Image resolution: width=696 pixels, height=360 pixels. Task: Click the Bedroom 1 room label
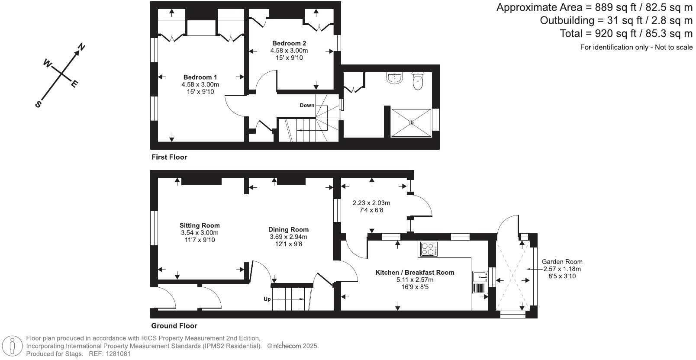200,77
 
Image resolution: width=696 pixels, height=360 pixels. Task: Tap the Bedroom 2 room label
289,43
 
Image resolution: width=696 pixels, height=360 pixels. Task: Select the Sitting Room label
200,225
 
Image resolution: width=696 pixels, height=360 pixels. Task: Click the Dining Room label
288,230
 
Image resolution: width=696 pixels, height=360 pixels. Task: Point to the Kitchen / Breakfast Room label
415,273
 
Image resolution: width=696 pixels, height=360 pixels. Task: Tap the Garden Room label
562,262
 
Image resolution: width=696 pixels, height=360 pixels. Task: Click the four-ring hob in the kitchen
429,249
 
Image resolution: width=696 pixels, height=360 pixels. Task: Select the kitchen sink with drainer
480,283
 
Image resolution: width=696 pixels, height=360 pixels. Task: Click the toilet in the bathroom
418,81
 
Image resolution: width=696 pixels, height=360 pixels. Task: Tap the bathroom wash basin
394,77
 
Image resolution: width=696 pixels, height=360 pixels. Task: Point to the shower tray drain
411,123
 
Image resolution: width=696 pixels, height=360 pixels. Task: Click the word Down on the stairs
307,106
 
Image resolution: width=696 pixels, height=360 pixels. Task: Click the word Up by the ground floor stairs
267,299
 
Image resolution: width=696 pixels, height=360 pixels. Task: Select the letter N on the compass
81,47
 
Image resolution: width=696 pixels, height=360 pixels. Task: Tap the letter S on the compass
38,104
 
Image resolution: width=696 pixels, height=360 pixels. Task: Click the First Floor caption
169,157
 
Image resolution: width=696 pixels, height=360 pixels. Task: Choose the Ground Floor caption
174,326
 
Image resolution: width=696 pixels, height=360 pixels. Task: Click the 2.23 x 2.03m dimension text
371,203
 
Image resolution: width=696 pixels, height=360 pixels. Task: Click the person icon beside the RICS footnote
13,346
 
